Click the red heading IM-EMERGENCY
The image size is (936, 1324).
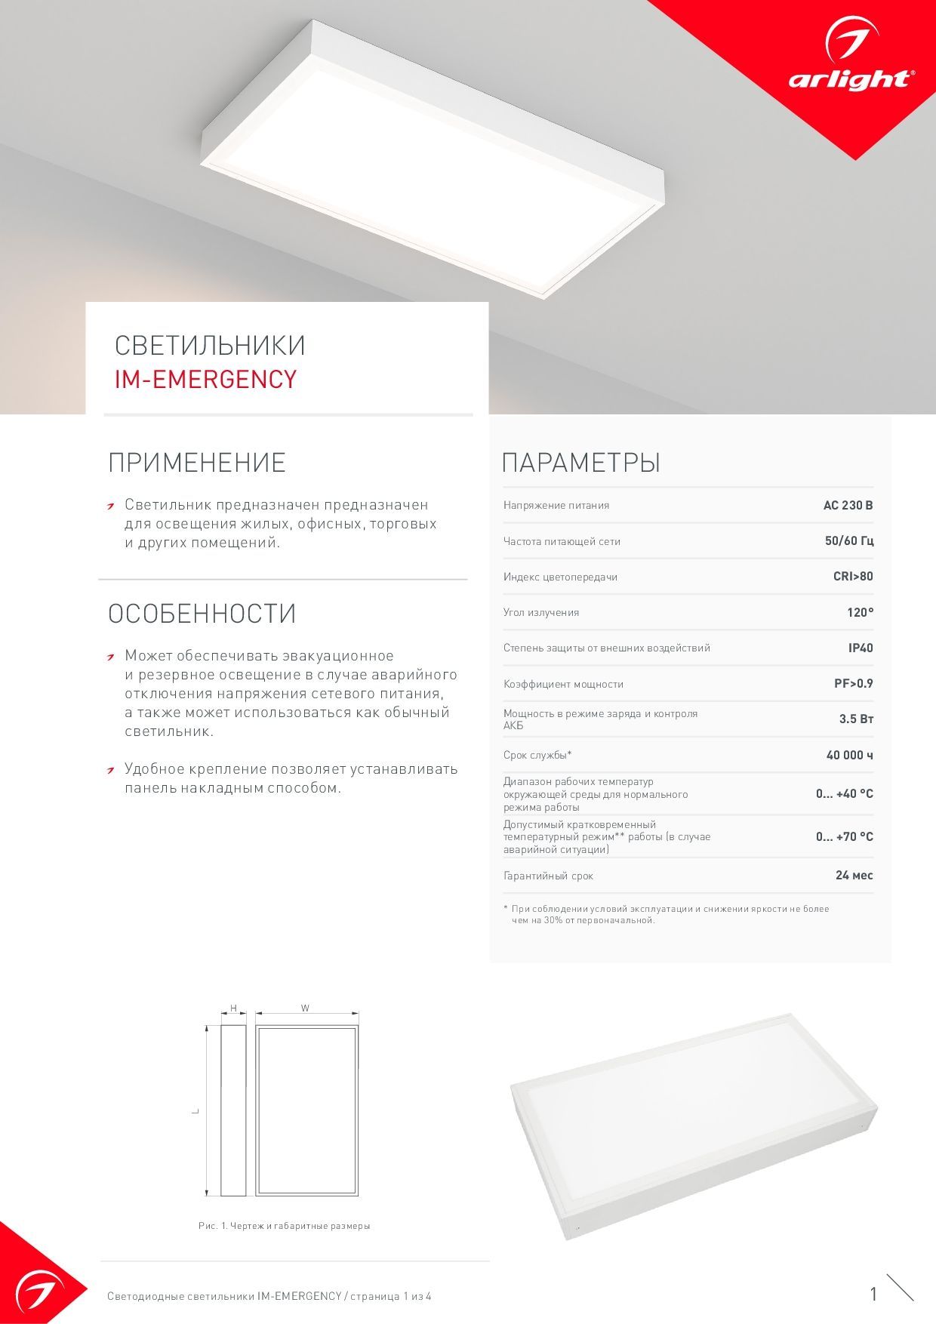(x=205, y=379)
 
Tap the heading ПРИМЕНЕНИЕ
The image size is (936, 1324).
(x=197, y=463)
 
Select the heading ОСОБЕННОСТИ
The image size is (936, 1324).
(x=202, y=614)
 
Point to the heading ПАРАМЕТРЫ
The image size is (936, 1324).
(x=581, y=463)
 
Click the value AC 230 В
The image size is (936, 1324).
(x=848, y=505)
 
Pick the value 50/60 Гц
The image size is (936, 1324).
(x=849, y=541)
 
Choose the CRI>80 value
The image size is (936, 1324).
(x=853, y=577)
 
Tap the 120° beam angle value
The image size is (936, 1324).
(x=860, y=612)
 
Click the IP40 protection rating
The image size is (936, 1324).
(x=861, y=648)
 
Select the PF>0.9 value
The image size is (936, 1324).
(x=853, y=684)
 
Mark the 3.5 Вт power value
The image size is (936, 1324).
(x=856, y=719)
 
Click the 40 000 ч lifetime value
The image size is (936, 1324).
(x=849, y=755)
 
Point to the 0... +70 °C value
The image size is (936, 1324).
(x=844, y=836)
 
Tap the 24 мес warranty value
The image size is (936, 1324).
(x=854, y=876)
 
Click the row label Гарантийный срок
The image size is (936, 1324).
(x=548, y=876)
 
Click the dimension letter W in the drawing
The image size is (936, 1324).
(x=305, y=1008)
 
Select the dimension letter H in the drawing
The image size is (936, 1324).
(x=233, y=1008)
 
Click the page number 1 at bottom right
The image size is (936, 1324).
(x=873, y=1295)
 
